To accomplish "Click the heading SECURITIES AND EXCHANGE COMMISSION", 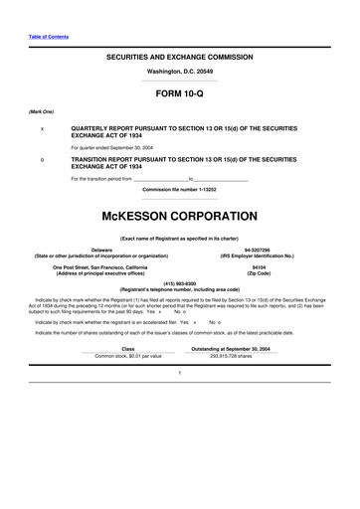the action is [x=179, y=59].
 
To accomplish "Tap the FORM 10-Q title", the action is [x=179, y=95].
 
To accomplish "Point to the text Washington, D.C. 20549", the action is [x=179, y=73].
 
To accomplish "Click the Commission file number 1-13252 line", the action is [x=179, y=189].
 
